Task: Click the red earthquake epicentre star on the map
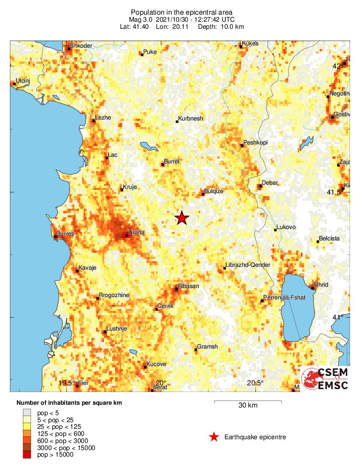click(182, 218)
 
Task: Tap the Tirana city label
click(136, 232)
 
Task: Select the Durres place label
click(65, 234)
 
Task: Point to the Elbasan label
click(188, 286)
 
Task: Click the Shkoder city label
click(81, 46)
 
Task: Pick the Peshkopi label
click(255, 143)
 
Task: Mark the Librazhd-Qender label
click(248, 265)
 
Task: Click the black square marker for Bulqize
click(203, 194)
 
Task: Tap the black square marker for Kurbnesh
click(177, 122)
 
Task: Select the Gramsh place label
click(207, 347)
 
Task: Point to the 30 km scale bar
click(248, 402)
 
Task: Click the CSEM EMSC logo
click(326, 378)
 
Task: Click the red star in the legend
click(214, 437)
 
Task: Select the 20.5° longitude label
click(255, 383)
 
